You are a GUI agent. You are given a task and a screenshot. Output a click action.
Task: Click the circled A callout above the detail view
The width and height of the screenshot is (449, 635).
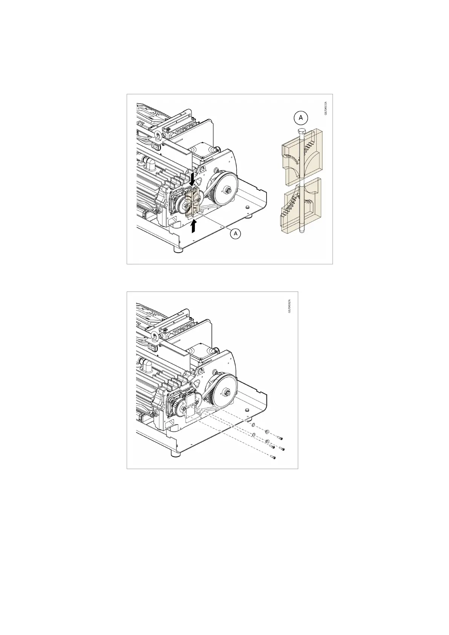tap(301, 118)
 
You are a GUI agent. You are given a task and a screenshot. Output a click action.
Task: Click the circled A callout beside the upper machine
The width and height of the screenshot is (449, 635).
tap(236, 234)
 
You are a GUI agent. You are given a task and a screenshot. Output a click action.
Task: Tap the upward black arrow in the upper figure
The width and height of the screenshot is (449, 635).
tap(193, 226)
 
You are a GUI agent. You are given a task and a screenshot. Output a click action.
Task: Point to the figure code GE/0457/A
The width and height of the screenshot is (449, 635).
tap(326, 108)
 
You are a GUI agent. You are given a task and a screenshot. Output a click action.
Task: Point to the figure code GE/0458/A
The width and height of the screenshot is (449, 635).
tap(290, 305)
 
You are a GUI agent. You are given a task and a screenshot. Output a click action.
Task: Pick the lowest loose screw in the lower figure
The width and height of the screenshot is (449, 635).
tap(274, 458)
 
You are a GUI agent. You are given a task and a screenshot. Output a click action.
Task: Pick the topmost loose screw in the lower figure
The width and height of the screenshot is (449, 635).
tap(280, 438)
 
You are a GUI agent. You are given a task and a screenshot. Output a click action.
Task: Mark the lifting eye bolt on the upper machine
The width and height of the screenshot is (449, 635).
tap(156, 136)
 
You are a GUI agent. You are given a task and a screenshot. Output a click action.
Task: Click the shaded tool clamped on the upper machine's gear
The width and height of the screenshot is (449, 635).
tap(194, 202)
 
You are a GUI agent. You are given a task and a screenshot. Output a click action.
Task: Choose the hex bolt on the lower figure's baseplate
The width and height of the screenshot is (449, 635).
tap(247, 410)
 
